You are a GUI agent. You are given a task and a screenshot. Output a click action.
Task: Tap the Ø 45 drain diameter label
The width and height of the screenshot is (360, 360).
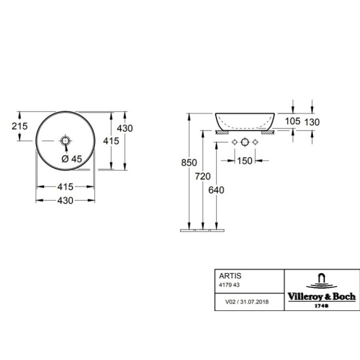click(71, 159)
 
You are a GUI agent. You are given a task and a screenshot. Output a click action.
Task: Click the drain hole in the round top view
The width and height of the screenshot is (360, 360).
click(65, 141)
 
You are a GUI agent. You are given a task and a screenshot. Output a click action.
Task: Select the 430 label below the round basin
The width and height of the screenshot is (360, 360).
click(65, 200)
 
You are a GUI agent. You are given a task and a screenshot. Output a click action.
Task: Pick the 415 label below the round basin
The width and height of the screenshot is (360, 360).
click(65, 187)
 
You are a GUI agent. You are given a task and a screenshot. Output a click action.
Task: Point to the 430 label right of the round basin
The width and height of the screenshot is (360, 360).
click(125, 128)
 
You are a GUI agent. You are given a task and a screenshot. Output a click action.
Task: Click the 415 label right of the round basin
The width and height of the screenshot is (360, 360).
click(110, 141)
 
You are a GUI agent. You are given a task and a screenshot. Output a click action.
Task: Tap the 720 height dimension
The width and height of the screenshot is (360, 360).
click(202, 176)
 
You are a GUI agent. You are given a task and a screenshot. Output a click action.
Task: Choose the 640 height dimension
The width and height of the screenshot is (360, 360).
click(216, 189)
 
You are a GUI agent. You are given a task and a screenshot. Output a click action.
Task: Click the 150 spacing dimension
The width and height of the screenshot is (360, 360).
click(244, 160)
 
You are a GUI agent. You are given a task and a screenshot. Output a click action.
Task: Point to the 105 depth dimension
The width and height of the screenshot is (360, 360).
click(293, 121)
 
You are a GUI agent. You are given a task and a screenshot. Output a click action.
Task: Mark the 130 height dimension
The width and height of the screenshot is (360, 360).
click(311, 121)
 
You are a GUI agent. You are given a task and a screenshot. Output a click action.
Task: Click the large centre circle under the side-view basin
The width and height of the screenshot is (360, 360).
click(244, 142)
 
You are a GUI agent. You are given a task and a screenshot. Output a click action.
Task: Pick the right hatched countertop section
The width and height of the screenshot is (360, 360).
click(267, 133)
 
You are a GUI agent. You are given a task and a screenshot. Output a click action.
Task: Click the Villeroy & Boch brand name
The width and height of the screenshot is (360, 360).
click(321, 296)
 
